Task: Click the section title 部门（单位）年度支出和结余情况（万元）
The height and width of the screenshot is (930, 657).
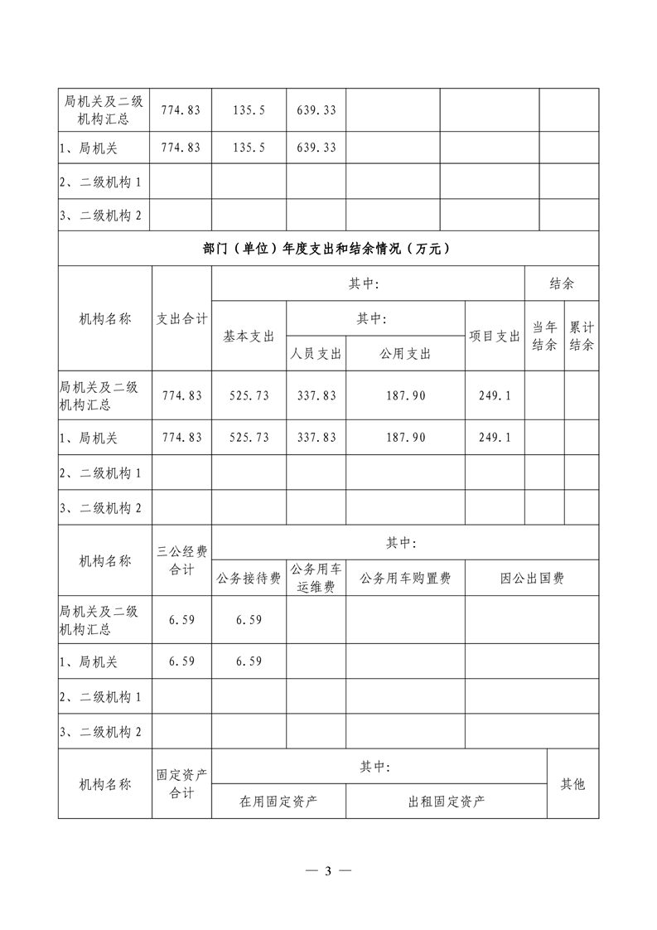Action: coord(328,248)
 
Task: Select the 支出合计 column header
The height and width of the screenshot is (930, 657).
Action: coord(182,318)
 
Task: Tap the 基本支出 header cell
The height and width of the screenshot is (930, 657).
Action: coord(249,336)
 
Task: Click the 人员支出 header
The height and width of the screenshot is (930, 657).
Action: coord(316,353)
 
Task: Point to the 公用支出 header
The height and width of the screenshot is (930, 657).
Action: coord(405,353)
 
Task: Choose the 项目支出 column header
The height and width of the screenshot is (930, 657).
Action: coord(495,336)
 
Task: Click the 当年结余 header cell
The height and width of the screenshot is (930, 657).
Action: coord(543,336)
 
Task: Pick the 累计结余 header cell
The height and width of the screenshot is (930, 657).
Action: coord(582,336)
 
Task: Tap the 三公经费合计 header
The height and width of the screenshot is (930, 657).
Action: coord(182,560)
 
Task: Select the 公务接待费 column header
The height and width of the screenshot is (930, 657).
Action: coord(249,578)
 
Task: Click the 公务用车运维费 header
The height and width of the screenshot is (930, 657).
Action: coord(316,578)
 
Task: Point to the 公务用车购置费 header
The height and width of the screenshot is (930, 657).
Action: coord(405,578)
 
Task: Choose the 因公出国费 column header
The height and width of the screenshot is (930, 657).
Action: coord(531,578)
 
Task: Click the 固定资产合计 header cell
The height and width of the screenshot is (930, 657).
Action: coord(182,783)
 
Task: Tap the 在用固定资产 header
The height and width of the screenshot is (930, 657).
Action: coord(278,801)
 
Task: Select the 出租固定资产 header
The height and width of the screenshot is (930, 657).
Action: coord(447,801)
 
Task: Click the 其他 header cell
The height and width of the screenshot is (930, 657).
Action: coord(572,783)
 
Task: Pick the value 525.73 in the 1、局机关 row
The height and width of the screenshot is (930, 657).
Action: coord(249,437)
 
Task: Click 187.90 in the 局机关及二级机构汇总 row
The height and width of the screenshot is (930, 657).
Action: coord(405,395)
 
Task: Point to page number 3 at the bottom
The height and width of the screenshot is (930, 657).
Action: coord(328,871)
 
